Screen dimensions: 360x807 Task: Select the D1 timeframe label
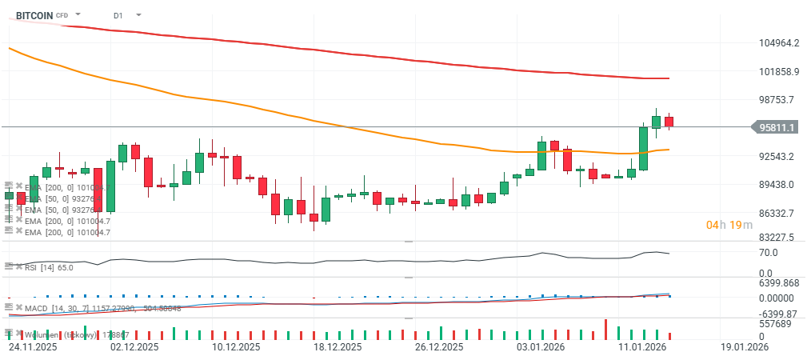click(x=118, y=15)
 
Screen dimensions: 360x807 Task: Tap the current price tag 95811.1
click(x=777, y=127)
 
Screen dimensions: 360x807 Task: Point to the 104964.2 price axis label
click(x=778, y=43)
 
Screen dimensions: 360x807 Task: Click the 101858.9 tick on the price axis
click(x=778, y=72)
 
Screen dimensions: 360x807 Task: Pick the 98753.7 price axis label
click(x=777, y=100)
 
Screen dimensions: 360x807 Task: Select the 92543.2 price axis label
click(x=777, y=156)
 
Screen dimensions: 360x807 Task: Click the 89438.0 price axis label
click(x=777, y=185)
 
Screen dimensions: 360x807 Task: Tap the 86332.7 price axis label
click(x=777, y=214)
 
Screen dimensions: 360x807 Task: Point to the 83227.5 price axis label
click(x=777, y=238)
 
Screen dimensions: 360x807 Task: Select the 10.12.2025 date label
click(x=237, y=348)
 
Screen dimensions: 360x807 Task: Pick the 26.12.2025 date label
click(x=440, y=348)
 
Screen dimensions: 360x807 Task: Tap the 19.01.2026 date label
click(x=744, y=348)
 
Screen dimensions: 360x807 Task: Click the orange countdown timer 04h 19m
click(x=729, y=225)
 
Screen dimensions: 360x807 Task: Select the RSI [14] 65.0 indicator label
click(x=50, y=267)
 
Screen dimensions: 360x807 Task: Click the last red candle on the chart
click(x=669, y=122)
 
